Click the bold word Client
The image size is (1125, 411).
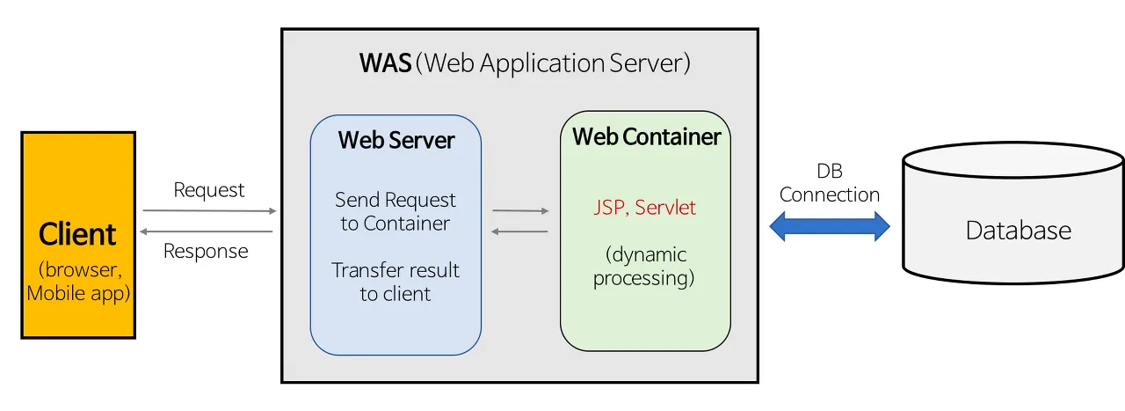[78, 235]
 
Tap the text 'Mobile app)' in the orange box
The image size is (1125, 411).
[78, 293]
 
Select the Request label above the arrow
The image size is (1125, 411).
[209, 190]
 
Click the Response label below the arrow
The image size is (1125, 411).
[206, 252]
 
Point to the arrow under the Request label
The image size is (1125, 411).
[209, 211]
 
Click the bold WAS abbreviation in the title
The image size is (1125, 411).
[385, 64]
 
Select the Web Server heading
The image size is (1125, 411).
[396, 141]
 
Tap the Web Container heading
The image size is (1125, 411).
[646, 137]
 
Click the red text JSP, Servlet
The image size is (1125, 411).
[644, 208]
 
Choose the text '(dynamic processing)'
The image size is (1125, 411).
[644, 267]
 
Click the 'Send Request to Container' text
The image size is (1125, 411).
[396, 211]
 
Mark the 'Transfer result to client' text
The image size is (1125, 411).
[396, 282]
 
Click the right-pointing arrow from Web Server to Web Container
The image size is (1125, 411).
[520, 211]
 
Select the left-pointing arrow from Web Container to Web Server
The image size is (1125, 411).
[520, 231]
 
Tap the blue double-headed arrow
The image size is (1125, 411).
[830, 227]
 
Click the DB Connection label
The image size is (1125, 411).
[830, 183]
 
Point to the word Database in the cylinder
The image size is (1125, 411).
[1019, 231]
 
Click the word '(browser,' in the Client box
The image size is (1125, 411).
[77, 269]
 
